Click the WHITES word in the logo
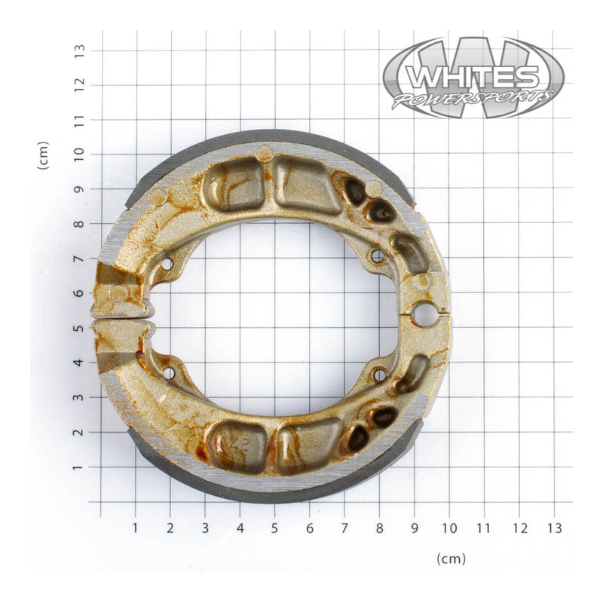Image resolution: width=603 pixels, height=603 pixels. pyautogui.click(x=473, y=77)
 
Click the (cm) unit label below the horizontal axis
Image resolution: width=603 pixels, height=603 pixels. pyautogui.click(x=451, y=559)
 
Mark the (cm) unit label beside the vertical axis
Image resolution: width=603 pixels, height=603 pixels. pyautogui.click(x=44, y=155)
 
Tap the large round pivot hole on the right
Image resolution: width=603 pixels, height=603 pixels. pyautogui.click(x=424, y=315)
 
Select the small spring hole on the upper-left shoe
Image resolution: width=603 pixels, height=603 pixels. pyautogui.click(x=167, y=263)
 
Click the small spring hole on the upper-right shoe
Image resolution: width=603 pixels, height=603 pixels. pyautogui.click(x=378, y=257)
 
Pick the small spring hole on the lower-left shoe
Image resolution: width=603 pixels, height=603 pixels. pyautogui.click(x=168, y=373)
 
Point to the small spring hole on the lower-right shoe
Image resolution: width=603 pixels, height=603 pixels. pyautogui.click(x=379, y=375)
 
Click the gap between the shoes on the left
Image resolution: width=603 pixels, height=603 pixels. pyautogui.click(x=121, y=323)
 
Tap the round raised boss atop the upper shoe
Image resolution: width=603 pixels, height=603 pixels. pyautogui.click(x=264, y=153)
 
